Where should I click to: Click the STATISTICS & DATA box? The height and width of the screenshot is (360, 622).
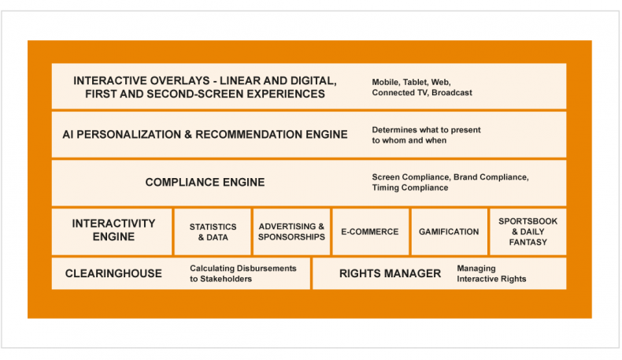click(213, 232)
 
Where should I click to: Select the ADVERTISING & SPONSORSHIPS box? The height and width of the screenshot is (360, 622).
click(291, 232)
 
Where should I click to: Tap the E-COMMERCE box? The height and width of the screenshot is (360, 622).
click(371, 232)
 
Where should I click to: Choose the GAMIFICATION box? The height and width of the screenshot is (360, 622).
click(449, 232)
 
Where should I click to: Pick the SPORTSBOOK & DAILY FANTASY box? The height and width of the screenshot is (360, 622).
click(528, 232)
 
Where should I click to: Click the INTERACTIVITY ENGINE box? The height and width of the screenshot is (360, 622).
click(112, 232)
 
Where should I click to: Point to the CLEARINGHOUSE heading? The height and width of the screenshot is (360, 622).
click(113, 273)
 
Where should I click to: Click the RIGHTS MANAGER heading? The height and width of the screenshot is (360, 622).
click(390, 273)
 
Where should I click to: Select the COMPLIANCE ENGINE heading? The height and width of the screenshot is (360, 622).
click(205, 182)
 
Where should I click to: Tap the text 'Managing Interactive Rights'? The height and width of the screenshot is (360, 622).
click(491, 273)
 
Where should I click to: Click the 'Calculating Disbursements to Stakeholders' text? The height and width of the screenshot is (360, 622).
click(243, 273)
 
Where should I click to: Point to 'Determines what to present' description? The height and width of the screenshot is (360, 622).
click(426, 130)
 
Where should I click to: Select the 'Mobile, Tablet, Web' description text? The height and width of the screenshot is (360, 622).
click(411, 83)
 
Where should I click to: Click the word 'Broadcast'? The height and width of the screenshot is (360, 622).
click(452, 93)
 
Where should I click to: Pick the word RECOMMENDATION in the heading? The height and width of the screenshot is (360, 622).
click(249, 135)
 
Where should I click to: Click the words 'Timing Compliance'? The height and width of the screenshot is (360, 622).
click(410, 187)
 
